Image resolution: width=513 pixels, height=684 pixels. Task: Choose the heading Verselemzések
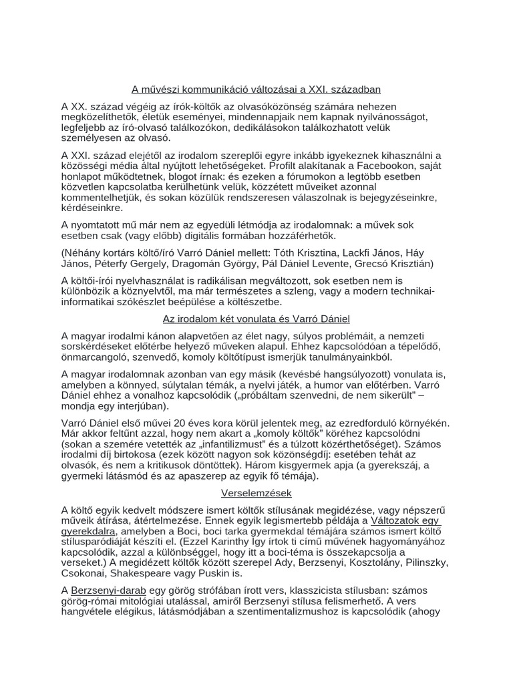point(256,494)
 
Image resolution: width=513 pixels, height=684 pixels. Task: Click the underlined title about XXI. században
point(256,89)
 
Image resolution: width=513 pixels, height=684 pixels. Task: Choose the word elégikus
point(150,611)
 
